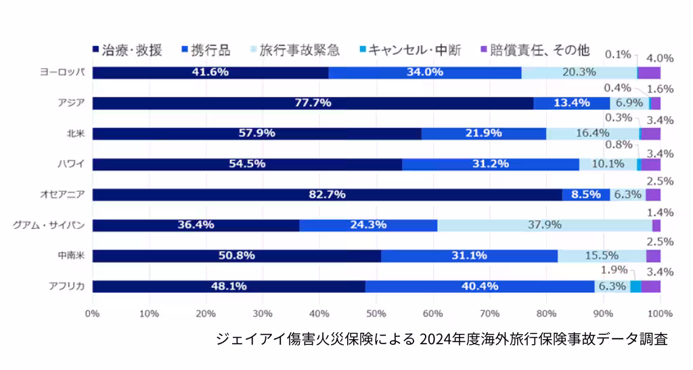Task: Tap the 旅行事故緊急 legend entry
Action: click(x=294, y=50)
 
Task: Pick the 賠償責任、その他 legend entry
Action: click(x=534, y=50)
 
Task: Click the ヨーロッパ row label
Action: click(x=62, y=73)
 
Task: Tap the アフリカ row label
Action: click(x=66, y=286)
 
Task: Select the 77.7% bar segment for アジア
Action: click(x=313, y=103)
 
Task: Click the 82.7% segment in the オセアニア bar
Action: click(x=327, y=194)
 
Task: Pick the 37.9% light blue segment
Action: click(x=544, y=225)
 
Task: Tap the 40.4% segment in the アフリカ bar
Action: click(x=480, y=286)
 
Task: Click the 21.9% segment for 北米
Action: click(x=483, y=133)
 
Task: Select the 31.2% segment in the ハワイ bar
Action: click(x=490, y=164)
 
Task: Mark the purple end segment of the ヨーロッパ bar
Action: click(x=649, y=73)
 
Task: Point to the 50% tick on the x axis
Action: click(x=376, y=314)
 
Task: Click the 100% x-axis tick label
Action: click(x=659, y=314)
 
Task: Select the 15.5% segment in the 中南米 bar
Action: click(x=602, y=255)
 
